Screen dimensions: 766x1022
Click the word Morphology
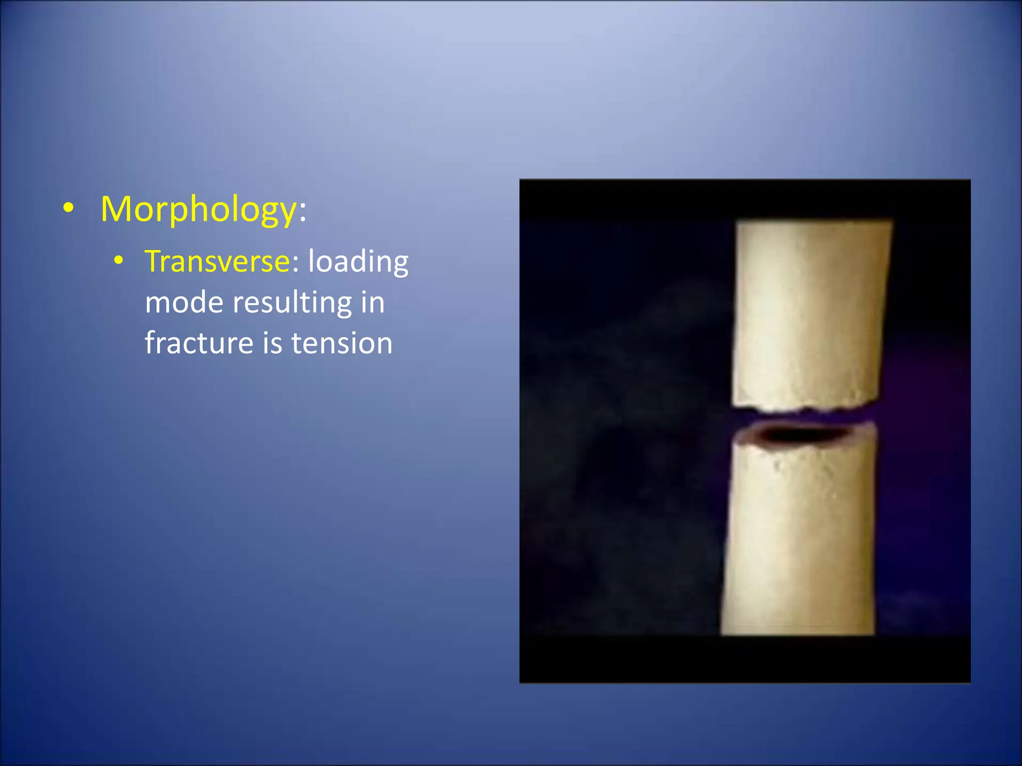(199, 209)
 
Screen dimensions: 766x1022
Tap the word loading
(358, 262)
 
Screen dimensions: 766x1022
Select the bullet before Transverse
(118, 260)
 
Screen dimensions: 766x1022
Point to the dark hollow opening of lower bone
(798, 435)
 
